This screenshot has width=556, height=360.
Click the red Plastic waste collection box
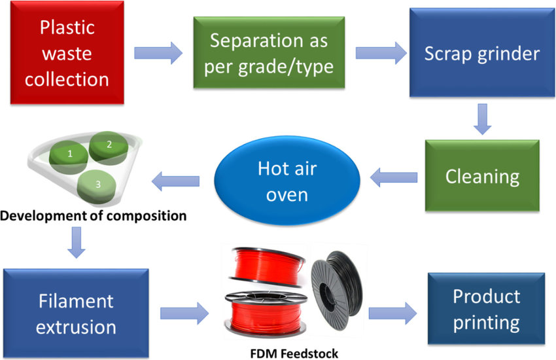coord(67,52)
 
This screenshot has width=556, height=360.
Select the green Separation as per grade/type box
coord(269,52)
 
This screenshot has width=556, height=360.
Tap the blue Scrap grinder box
coord(482,52)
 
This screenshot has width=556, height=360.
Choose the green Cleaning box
coord(482,175)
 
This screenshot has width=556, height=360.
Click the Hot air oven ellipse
coord(287,181)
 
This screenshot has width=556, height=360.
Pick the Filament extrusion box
coord(76,313)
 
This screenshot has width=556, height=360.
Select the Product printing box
coord(486,308)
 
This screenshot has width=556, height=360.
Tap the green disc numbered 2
coord(109,148)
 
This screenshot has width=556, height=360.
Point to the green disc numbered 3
coord(97,187)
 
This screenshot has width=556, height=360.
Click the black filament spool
coord(336,290)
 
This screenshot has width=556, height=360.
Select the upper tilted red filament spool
coord(267,266)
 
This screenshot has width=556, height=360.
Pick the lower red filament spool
coord(266,314)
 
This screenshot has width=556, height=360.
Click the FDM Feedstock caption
coord(294,353)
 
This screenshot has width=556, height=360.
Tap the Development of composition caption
coord(94,215)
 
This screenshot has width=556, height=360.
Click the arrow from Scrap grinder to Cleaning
coord(482,119)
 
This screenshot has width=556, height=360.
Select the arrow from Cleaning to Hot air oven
coord(394,177)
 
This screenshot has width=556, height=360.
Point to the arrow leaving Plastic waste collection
coord(158,53)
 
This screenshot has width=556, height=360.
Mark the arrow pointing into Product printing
coord(392,313)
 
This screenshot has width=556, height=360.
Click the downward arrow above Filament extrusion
coord(77,243)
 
